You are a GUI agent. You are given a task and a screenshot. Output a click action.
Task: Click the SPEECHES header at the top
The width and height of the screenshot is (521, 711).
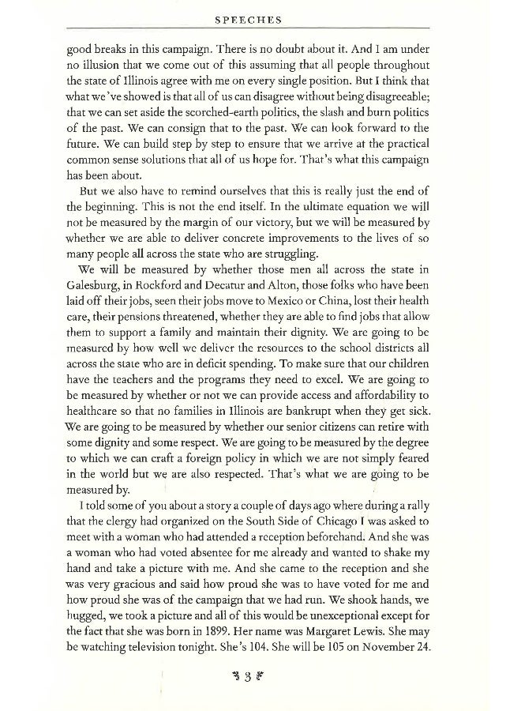pos(260,17)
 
